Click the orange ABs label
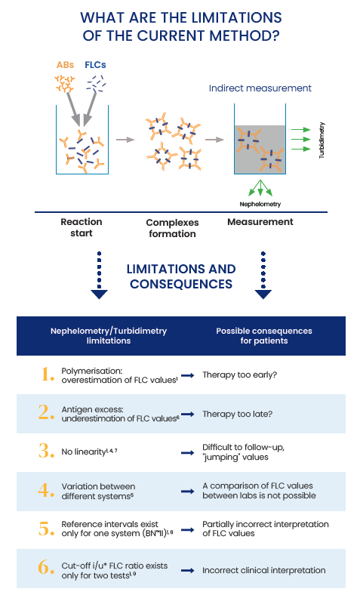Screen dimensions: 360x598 coord(65,65)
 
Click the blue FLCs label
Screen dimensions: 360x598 coord(95,65)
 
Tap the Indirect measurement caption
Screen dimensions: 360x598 coord(260,88)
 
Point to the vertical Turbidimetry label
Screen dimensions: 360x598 coord(322,140)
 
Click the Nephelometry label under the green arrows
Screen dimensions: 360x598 coord(260,204)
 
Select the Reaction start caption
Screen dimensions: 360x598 coord(82,227)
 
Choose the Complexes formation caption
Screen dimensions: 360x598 coord(172,228)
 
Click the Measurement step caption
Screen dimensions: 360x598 coord(260,221)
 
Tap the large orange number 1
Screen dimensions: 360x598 coord(48,375)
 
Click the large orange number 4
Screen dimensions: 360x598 coord(47,490)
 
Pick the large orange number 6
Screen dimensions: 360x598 coord(47,568)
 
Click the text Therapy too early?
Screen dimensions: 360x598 coord(239,375)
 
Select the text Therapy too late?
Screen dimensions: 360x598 coord(237,414)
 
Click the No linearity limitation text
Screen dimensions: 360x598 coord(89,452)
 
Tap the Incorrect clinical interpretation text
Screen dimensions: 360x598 coord(264,570)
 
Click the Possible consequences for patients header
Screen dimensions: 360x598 coord(264,335)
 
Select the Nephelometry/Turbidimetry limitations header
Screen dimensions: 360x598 coord(109,335)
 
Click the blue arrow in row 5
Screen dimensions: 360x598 coord(188,530)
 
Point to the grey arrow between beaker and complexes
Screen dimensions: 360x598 coord(125,140)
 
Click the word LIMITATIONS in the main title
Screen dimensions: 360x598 coord(236,17)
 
